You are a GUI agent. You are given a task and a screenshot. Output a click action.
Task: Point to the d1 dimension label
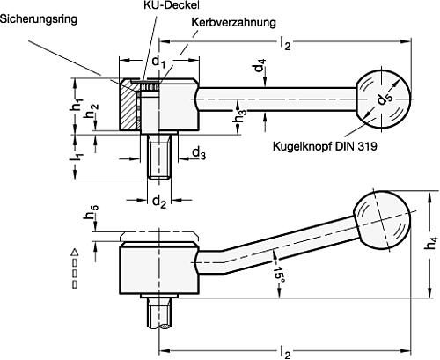click(157, 62)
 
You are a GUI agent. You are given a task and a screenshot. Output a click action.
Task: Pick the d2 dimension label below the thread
click(158, 202)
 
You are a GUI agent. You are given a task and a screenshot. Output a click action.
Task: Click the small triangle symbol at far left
click(75, 253)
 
